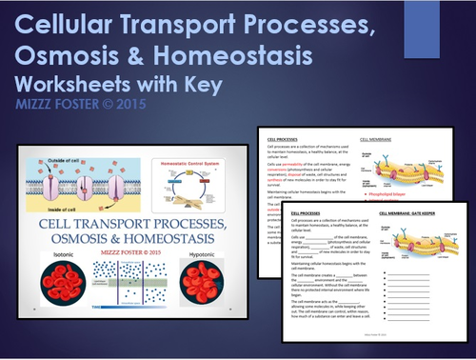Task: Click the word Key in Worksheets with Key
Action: point(200,84)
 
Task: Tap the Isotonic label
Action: point(64,254)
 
